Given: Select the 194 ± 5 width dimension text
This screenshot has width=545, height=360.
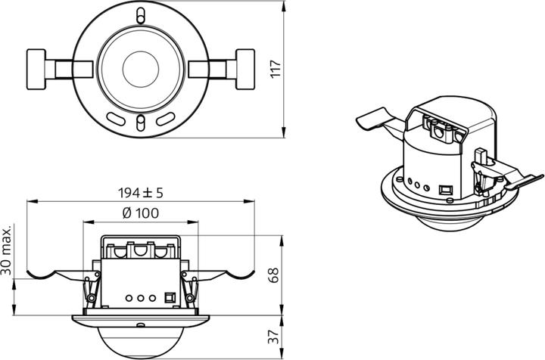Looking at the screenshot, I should pos(141,193).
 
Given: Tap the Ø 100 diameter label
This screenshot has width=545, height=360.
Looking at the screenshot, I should pos(141,213).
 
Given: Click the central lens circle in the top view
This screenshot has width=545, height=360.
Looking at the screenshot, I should pos(142,68).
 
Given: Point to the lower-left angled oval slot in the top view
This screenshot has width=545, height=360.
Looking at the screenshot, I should pos(115,118).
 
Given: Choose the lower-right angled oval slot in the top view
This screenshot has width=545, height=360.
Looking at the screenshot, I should pos(167,118).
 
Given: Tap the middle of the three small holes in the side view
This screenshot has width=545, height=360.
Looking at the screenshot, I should pos(141,297).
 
